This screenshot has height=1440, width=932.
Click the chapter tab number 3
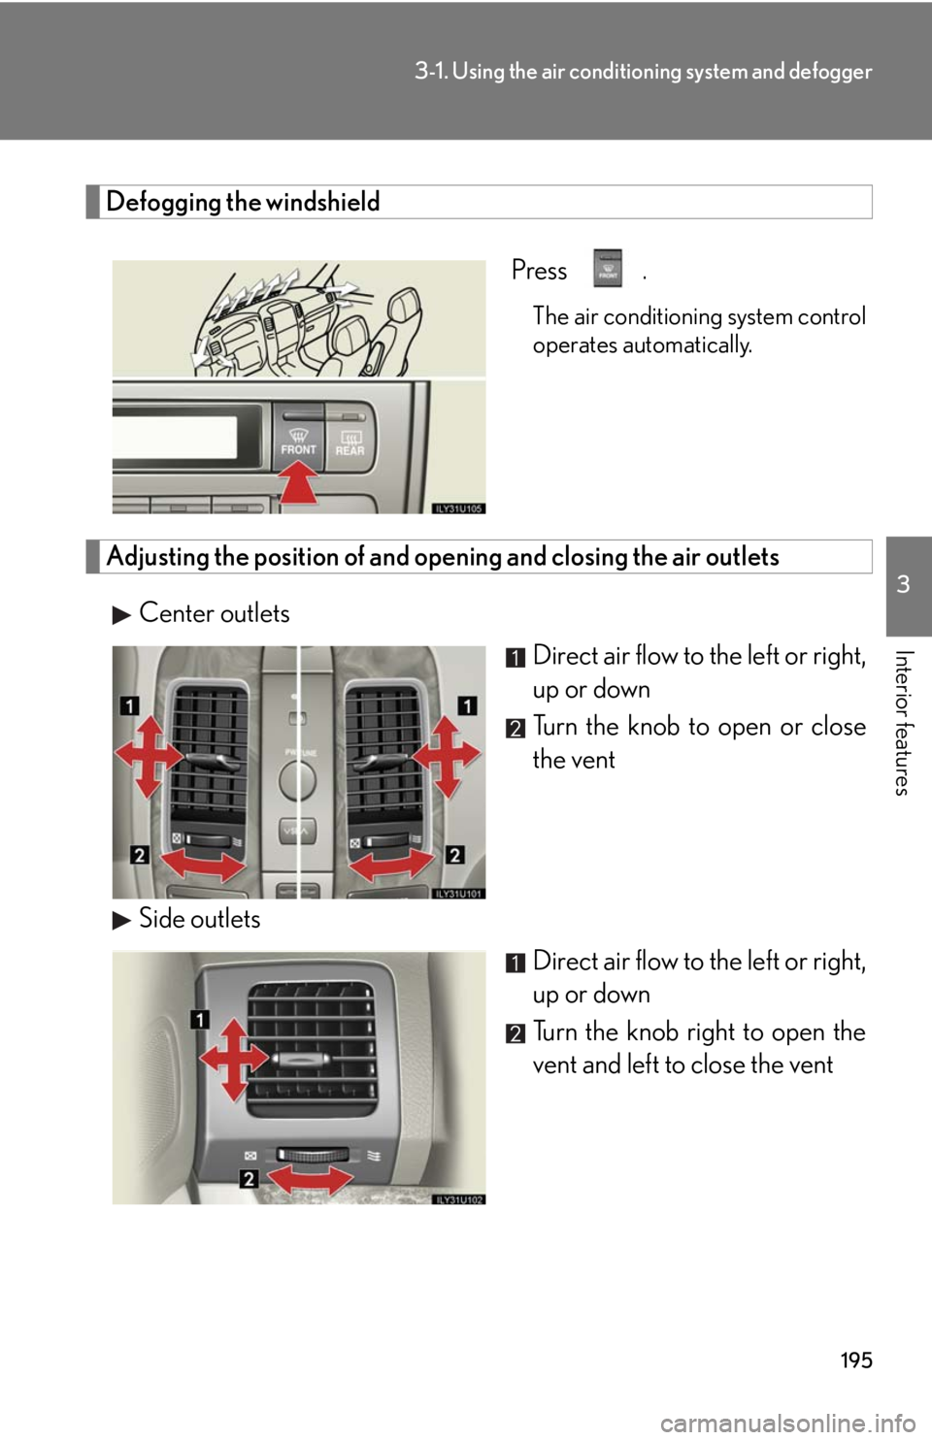point(903,584)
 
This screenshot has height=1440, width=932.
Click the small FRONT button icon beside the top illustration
point(607,268)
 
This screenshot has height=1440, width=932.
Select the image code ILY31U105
point(458,507)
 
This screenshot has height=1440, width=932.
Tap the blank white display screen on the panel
point(174,438)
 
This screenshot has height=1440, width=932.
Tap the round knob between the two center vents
point(298,778)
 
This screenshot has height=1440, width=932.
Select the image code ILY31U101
point(458,894)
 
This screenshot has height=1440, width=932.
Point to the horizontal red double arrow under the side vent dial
point(311,1181)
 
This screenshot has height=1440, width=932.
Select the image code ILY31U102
point(458,1199)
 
